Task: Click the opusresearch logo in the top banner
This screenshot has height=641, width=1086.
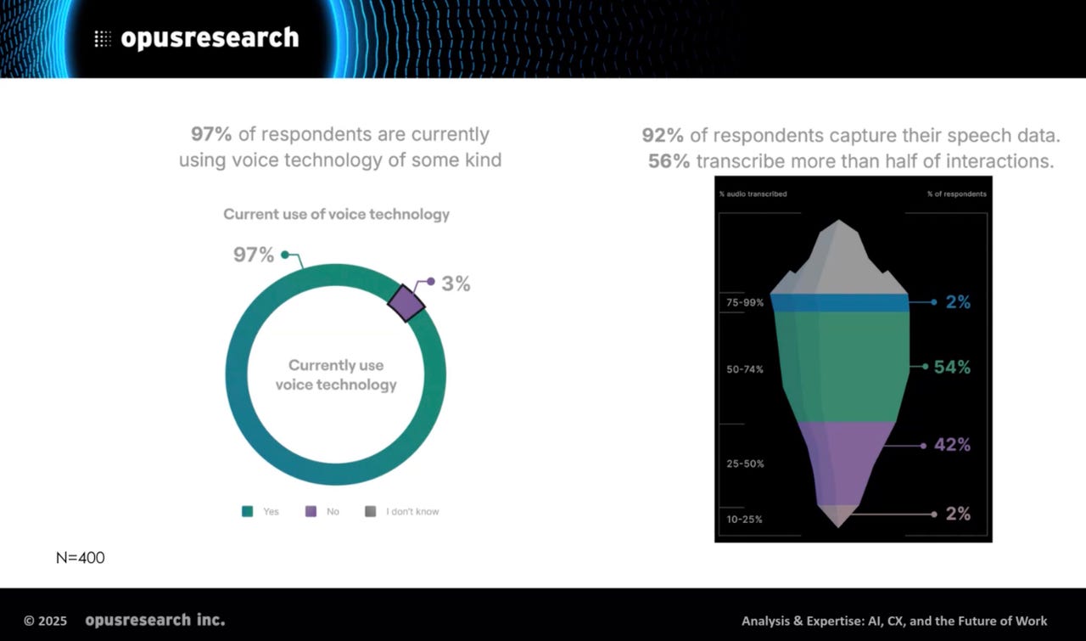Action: (197, 38)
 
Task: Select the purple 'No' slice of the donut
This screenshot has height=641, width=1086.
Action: (406, 303)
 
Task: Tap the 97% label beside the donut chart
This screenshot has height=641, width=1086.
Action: (254, 255)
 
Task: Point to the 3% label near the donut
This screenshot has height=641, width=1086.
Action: (456, 284)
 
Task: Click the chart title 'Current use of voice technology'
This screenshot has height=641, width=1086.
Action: (336, 214)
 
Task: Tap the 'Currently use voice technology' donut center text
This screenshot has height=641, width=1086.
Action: (336, 374)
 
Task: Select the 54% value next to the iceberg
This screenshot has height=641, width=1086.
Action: (952, 368)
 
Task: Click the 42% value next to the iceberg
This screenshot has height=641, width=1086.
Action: (952, 445)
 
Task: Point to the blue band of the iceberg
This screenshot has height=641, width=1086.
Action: (840, 303)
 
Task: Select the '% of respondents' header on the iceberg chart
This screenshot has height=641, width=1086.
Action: (957, 194)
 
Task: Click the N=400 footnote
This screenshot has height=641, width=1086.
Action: (81, 558)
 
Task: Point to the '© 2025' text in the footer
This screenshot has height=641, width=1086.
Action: (45, 621)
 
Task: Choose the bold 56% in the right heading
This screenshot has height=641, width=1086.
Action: (669, 160)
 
